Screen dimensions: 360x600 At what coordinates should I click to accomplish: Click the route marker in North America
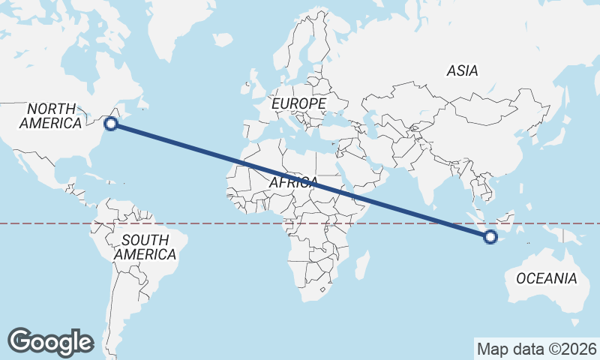[111, 124]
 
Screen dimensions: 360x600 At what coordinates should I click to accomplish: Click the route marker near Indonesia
[490, 237]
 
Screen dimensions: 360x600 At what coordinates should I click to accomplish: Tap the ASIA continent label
[462, 71]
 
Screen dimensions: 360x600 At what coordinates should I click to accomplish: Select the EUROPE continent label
[299, 103]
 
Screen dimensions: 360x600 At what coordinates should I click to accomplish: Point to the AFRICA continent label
[293, 182]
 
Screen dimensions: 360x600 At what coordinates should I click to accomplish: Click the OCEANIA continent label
[547, 278]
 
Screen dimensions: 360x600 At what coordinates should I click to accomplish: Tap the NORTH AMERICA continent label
[51, 116]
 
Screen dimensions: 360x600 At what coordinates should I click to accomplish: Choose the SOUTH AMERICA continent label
[145, 247]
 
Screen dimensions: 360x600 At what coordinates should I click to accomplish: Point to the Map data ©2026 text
[537, 349]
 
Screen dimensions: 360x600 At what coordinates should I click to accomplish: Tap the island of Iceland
[223, 39]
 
